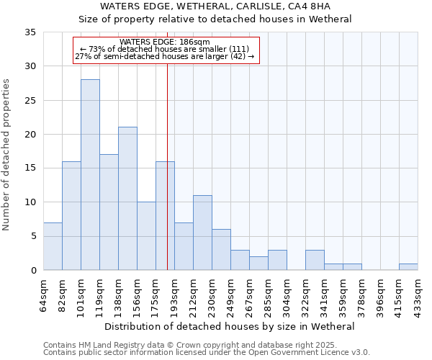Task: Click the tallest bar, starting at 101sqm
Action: tap(90, 175)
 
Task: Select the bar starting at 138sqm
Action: tap(127, 199)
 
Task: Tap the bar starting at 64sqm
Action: tap(53, 246)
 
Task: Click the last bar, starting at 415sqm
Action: tap(408, 266)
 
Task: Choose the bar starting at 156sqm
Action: tap(146, 236)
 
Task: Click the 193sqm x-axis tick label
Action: tap(174, 295)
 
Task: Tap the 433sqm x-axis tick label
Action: tap(418, 295)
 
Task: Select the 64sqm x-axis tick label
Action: tap(43, 295)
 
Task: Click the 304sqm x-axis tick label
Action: tap(287, 295)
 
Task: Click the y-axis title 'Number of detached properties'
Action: tap(6, 155)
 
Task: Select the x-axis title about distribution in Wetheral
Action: tap(230, 326)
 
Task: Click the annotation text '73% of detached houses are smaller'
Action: tap(165, 49)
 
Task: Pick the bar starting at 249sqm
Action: tap(240, 260)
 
